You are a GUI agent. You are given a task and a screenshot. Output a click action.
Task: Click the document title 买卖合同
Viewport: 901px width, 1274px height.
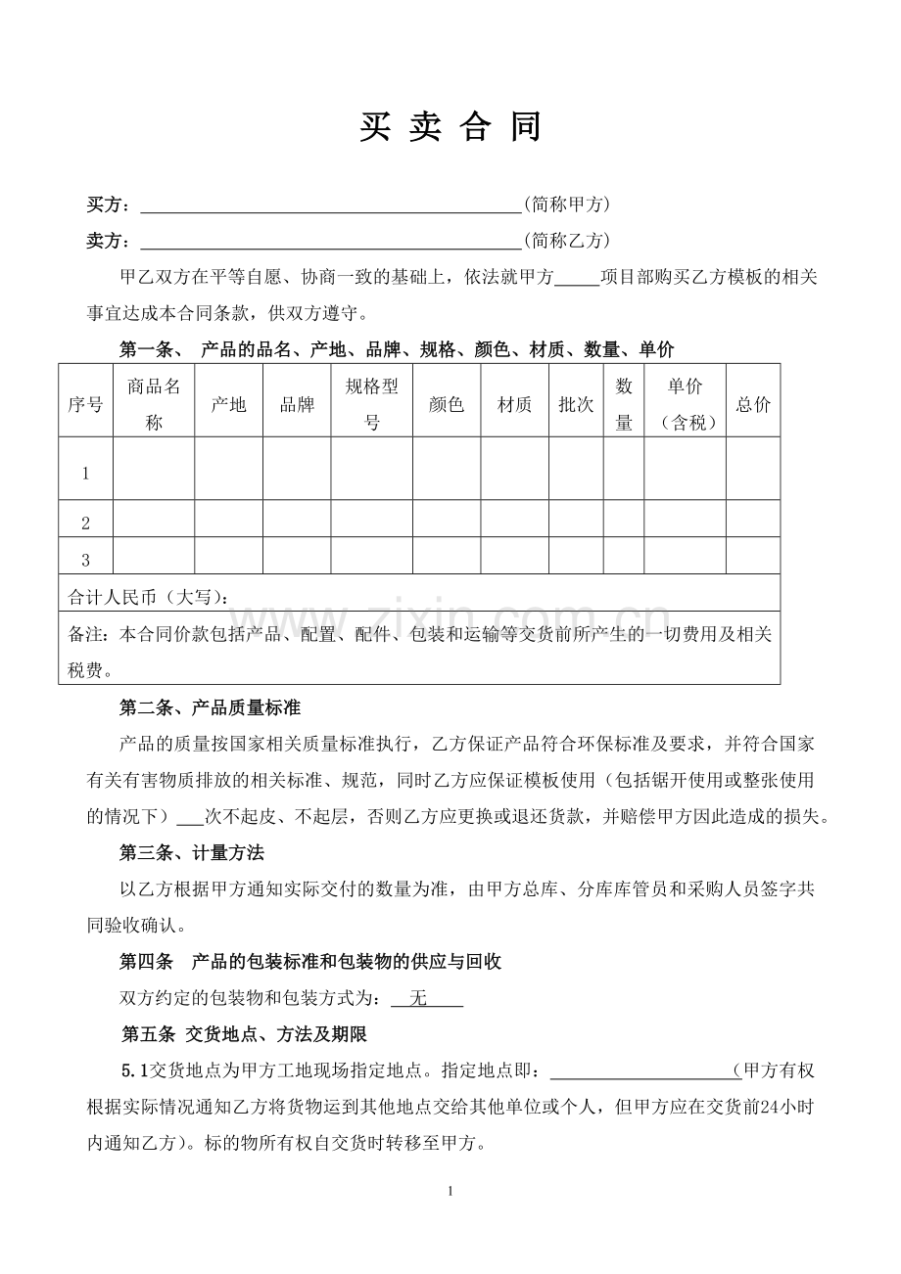[450, 127]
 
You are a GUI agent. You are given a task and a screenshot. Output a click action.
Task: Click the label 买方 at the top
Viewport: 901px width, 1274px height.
[107, 205]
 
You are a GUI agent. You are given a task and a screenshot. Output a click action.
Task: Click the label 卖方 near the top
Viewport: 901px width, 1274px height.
[107, 241]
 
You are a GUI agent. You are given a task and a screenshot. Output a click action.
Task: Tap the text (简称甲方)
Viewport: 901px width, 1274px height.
[567, 205]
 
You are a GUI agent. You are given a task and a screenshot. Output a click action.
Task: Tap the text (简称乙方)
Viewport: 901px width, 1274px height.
[567, 241]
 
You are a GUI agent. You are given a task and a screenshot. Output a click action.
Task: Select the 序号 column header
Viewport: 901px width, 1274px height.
[85, 405]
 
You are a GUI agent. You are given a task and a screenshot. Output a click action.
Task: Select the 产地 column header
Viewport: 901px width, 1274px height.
[228, 405]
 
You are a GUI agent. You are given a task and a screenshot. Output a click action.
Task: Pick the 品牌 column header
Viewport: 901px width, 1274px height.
[297, 405]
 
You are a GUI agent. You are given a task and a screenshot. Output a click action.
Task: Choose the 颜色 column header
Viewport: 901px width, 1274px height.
[446, 405]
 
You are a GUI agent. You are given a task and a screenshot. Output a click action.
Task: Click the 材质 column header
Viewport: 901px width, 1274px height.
[514, 405]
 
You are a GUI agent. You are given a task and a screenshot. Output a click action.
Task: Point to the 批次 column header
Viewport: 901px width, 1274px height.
[576, 405]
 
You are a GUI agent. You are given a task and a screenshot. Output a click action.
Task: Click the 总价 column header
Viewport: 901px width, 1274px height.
[752, 405]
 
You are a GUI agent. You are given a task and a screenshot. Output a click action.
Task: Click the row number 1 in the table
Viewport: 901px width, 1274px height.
[85, 474]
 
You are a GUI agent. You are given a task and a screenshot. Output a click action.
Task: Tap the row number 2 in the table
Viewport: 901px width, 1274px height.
[85, 523]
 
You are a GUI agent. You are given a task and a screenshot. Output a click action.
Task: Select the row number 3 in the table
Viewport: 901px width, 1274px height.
[85, 561]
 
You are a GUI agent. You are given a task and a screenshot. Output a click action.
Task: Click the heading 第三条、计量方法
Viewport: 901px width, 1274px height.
[192, 853]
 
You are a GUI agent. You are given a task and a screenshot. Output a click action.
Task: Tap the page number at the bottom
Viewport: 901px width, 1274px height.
[450, 1192]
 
